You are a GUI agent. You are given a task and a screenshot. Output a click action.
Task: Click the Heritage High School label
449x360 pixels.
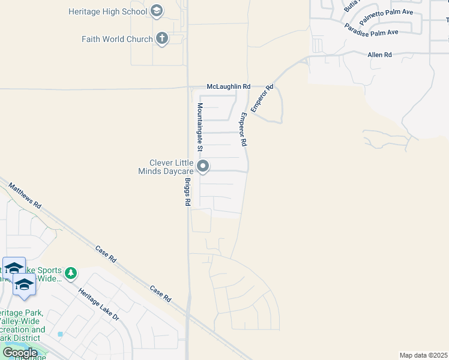(107, 11)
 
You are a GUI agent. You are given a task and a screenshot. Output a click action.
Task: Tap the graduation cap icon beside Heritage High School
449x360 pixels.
(157, 11)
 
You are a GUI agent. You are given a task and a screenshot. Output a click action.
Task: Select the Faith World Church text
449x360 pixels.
(117, 39)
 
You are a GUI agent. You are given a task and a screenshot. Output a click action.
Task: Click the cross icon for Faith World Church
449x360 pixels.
(161, 39)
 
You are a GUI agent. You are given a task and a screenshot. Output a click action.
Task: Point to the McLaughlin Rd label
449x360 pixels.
(228, 87)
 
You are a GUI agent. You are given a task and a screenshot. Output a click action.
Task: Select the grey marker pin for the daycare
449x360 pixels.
(203, 166)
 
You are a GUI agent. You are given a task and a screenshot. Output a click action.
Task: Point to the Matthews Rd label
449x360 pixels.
(25, 196)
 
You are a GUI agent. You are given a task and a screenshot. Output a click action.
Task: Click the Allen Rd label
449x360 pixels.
(379, 55)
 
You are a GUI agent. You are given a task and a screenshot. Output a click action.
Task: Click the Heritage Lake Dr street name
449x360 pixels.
(98, 304)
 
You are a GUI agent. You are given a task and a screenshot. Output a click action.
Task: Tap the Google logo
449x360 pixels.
(20, 353)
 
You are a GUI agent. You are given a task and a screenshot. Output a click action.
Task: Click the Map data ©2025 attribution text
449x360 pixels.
(423, 355)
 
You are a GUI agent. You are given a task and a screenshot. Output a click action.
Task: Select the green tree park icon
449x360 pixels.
(71, 274)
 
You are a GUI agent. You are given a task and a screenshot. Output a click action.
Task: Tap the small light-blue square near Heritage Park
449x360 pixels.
(60, 334)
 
